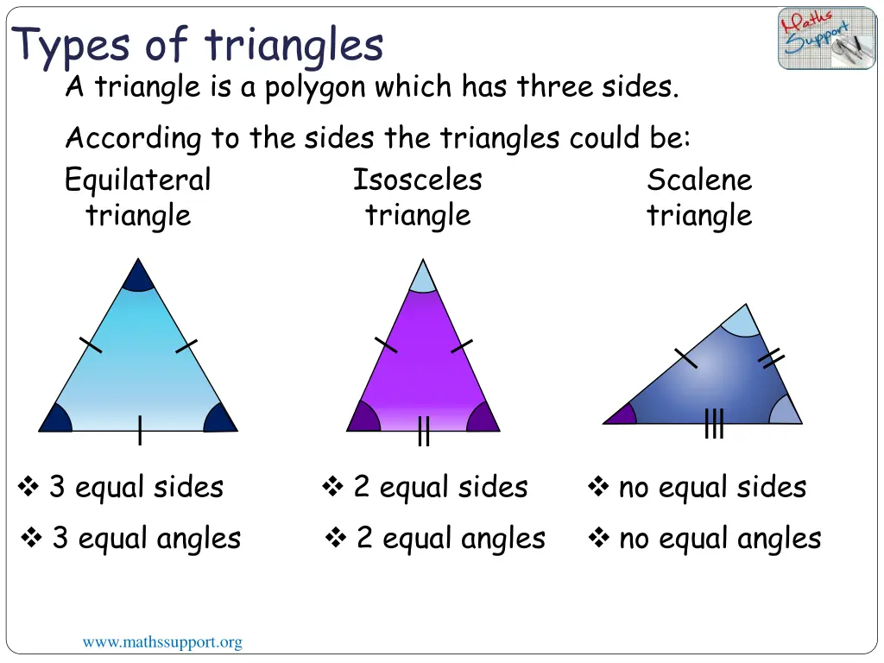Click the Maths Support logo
point(826,38)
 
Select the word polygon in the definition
point(313,87)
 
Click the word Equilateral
point(137,180)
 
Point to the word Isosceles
point(417,180)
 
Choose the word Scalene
point(699,180)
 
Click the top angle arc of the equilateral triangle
point(138,277)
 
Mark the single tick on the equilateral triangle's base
point(139,430)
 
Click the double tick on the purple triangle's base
point(423,431)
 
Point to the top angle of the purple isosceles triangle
point(422,278)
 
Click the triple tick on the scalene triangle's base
point(714,424)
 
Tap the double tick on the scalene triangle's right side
point(770,358)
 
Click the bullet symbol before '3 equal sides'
point(28,488)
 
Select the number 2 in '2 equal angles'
point(364,539)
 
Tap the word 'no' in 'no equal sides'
point(633,488)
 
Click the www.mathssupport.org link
point(162,642)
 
